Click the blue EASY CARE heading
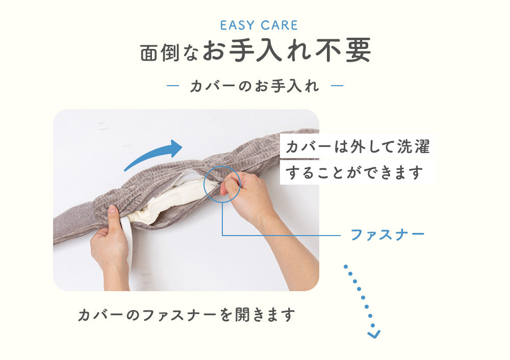point(259,24)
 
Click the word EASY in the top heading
point(236,24)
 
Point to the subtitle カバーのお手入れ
point(254,86)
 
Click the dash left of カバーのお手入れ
point(173,86)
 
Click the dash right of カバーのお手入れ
point(337,86)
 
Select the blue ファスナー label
point(387,235)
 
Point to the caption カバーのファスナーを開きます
point(187,315)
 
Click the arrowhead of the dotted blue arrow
point(374,335)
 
